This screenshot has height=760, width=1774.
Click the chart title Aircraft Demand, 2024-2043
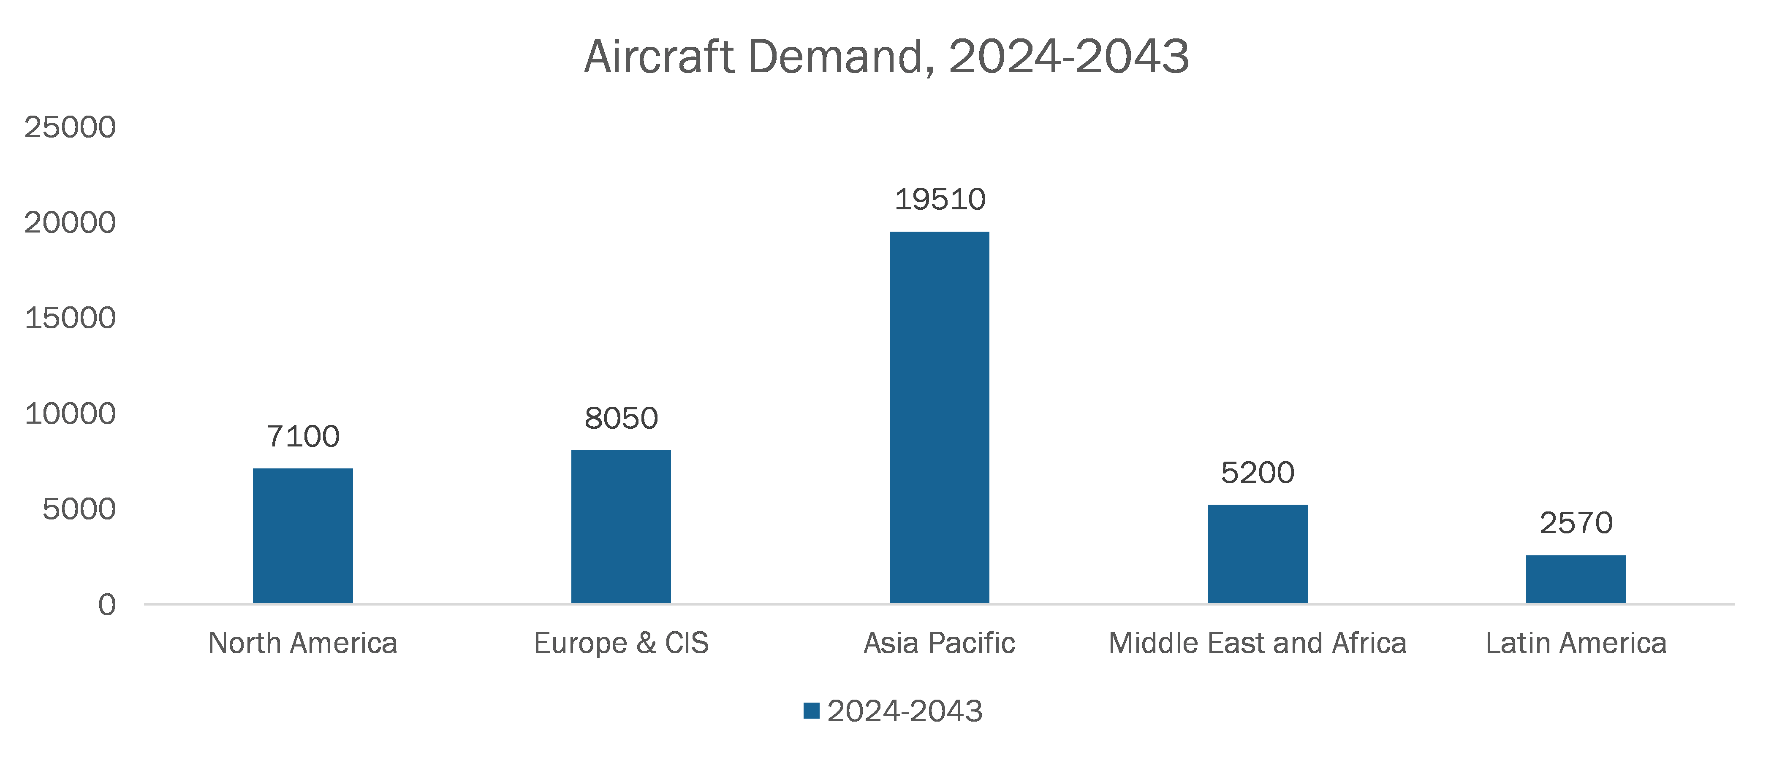886,57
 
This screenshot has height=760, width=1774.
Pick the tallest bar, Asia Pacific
939,417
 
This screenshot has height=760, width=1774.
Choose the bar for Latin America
1576,579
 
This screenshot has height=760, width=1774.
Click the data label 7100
303,436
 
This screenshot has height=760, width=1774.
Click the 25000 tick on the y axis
70,127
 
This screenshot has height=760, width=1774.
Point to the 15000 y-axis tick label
70,318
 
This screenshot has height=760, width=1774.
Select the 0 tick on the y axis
107,605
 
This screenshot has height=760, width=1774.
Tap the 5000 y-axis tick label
79,509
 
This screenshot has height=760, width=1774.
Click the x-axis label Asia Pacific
939,643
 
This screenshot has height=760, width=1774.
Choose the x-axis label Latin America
1576,643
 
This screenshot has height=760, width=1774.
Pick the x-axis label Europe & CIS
621,643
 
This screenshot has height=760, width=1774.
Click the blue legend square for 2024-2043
811,711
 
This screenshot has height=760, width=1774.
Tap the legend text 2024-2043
904,711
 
